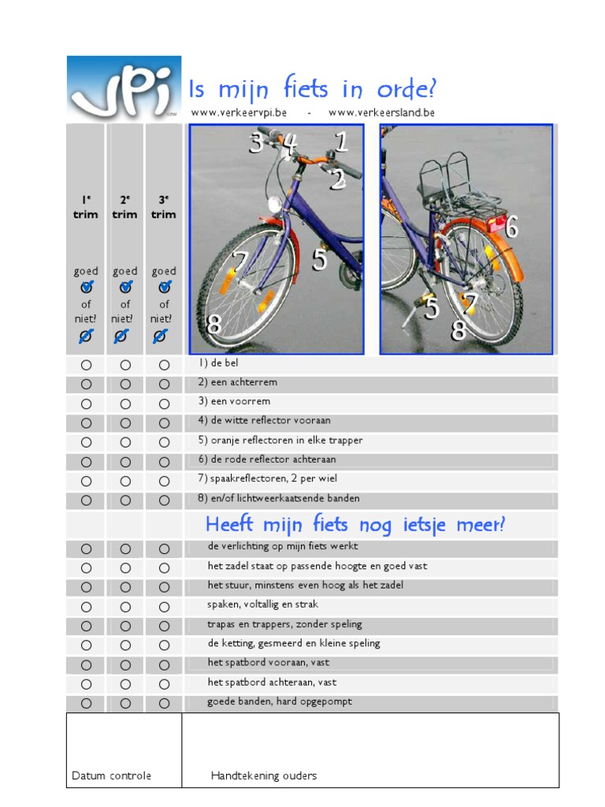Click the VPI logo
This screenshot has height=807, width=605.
click(x=124, y=88)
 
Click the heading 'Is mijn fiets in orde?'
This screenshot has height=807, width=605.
click(x=313, y=88)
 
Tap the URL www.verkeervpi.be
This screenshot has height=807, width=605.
click(x=239, y=113)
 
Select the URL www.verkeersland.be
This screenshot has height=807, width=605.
click(x=381, y=113)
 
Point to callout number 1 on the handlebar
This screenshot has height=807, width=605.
click(x=340, y=143)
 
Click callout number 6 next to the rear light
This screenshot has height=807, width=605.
click(x=511, y=228)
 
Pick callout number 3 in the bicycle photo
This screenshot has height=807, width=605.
click(x=255, y=143)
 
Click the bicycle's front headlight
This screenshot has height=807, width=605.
click(x=275, y=203)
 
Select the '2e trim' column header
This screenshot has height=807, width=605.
click(x=124, y=207)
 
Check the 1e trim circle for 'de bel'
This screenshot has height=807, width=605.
click(x=86, y=365)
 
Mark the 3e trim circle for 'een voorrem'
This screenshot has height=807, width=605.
click(x=164, y=403)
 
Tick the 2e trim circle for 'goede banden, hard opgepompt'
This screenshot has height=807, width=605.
click(x=125, y=703)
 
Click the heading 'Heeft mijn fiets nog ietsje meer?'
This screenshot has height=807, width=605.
click(x=354, y=524)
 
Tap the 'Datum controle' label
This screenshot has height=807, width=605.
click(x=111, y=775)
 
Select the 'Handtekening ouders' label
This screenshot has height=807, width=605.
click(x=264, y=775)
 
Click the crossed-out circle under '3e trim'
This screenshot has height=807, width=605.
click(x=160, y=337)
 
